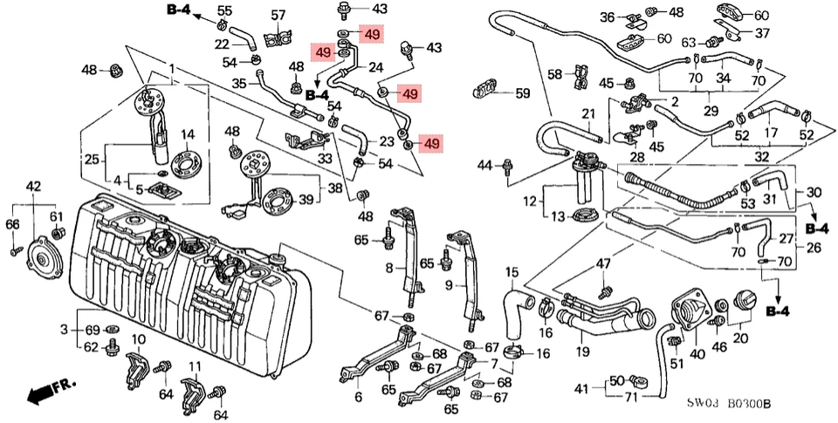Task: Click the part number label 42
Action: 33,187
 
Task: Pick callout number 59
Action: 522,92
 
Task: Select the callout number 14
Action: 188,134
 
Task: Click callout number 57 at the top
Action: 278,15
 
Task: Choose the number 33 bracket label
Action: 325,159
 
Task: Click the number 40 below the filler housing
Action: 697,354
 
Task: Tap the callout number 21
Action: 587,113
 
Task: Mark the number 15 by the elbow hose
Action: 512,273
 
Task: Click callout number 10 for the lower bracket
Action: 138,338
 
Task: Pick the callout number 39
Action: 306,200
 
